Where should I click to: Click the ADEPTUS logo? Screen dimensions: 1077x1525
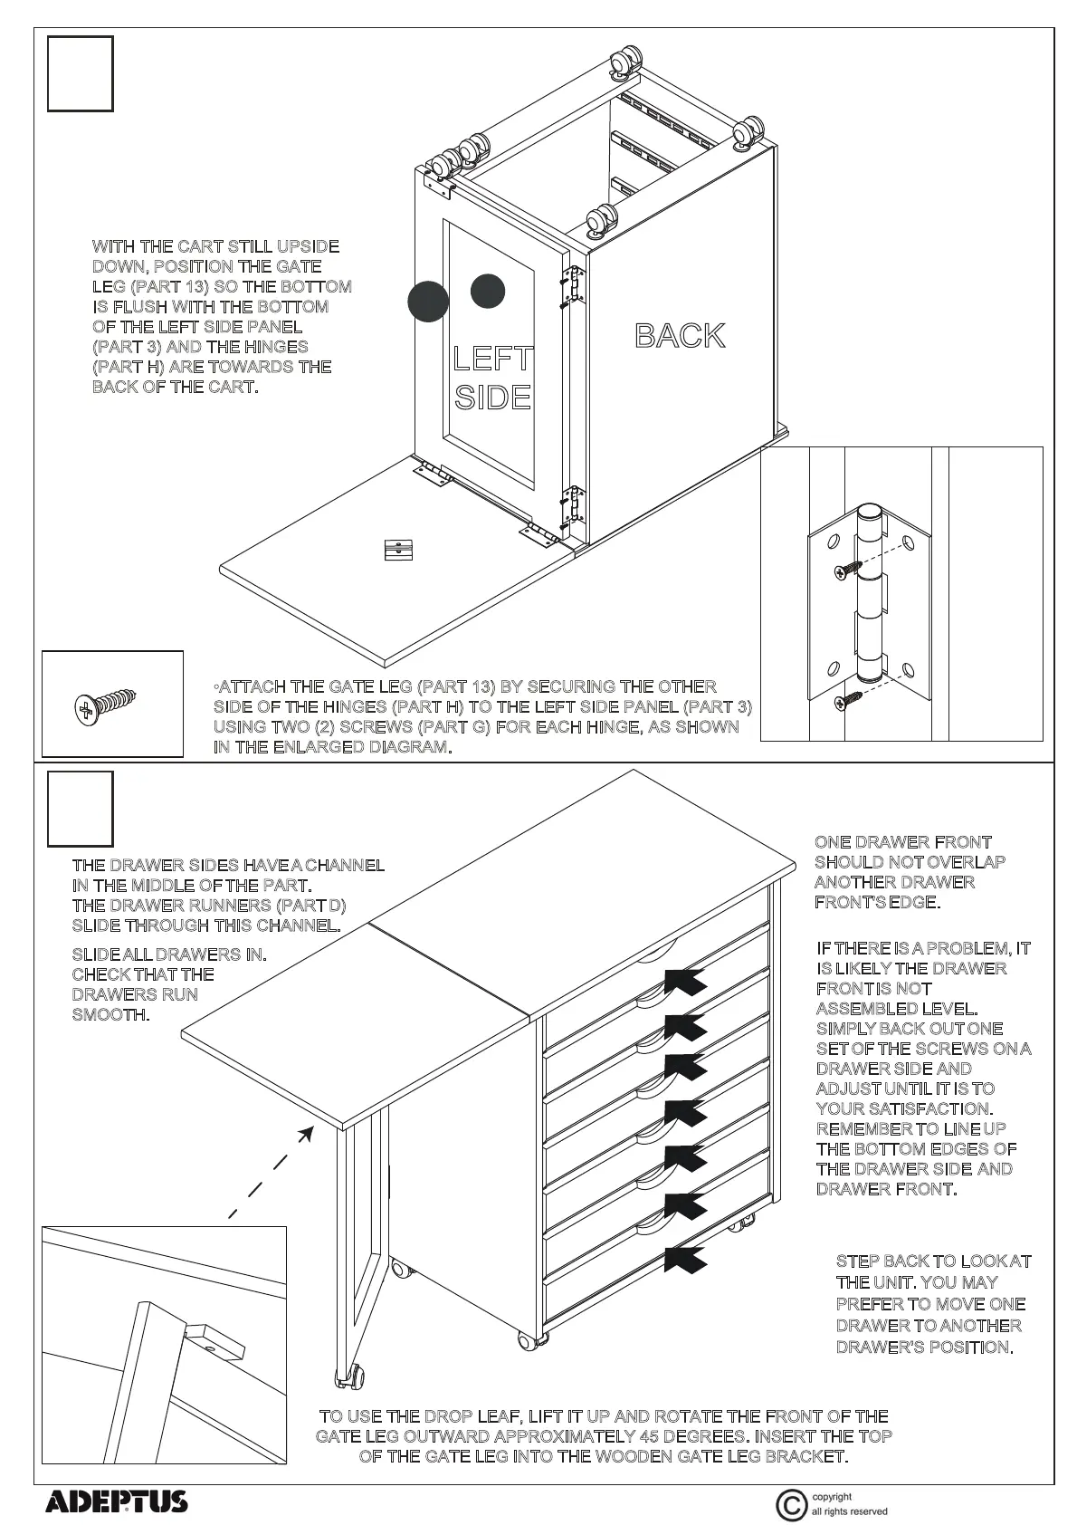(117, 1501)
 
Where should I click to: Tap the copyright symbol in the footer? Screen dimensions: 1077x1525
(790, 1505)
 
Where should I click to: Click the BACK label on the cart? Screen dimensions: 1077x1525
(680, 336)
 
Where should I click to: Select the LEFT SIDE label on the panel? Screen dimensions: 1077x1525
(492, 378)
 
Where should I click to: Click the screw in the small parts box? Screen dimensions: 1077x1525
(107, 704)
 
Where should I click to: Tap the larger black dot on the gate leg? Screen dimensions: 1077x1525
(428, 301)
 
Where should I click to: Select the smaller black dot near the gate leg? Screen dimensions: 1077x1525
(488, 290)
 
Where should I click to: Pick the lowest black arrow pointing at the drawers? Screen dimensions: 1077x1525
(685, 1259)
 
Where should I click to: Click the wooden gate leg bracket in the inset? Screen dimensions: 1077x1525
(216, 1342)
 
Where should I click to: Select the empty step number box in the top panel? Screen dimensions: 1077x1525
(81, 73)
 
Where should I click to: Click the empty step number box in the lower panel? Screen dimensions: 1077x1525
(81, 809)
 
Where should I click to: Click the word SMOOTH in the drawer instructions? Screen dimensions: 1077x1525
(110, 1014)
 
